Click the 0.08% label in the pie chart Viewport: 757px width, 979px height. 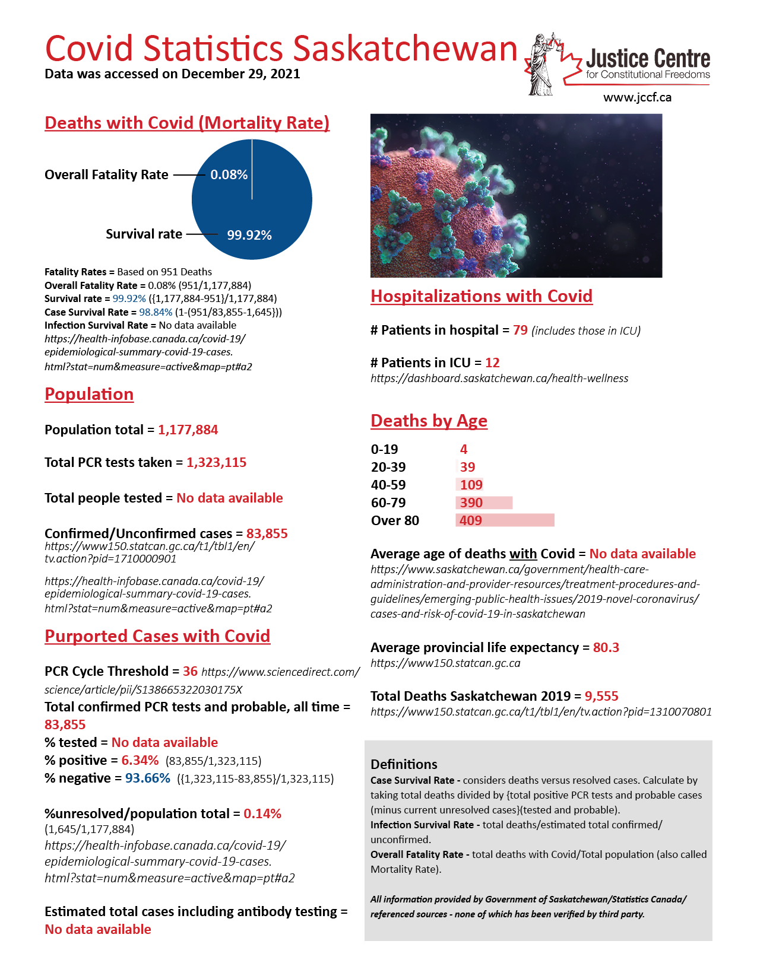229,174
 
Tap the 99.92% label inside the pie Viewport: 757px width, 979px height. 249,235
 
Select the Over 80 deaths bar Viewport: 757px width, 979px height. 505,520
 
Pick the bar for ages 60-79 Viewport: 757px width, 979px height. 484,503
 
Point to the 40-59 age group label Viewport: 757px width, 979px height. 388,485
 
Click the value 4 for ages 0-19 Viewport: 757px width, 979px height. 464,449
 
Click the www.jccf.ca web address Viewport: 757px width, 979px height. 637,97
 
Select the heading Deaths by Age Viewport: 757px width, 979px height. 429,421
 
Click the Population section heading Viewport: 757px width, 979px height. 89,394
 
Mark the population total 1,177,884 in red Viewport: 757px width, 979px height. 188,430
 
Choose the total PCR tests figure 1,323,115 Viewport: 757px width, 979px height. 217,462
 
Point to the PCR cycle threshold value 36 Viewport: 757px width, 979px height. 190,671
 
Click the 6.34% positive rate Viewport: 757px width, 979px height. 140,760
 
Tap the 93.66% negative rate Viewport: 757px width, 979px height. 148,778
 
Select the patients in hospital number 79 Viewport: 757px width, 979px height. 520,330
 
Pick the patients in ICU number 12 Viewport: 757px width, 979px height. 492,363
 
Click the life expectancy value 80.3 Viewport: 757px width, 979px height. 606,647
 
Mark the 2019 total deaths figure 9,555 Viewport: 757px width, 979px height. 601,696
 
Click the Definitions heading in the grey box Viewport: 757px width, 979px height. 404,764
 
